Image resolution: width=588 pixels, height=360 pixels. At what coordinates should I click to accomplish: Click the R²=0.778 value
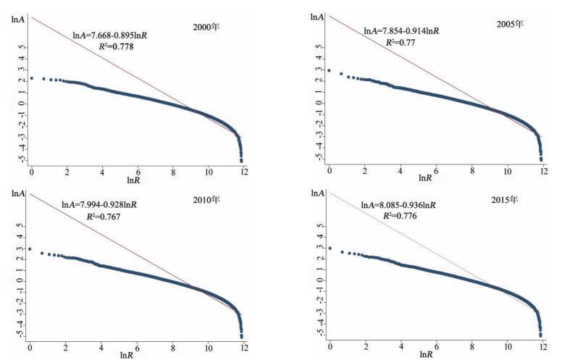pyautogui.click(x=116, y=46)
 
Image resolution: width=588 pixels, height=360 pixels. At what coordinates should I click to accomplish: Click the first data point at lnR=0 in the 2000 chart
pyautogui.click(x=31, y=78)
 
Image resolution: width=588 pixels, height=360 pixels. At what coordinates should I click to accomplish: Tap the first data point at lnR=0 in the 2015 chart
pyautogui.click(x=330, y=248)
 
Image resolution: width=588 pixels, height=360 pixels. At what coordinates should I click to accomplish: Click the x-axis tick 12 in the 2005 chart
pyautogui.click(x=543, y=169)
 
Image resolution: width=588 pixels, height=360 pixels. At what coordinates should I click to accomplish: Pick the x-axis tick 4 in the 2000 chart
pyautogui.click(x=102, y=172)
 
